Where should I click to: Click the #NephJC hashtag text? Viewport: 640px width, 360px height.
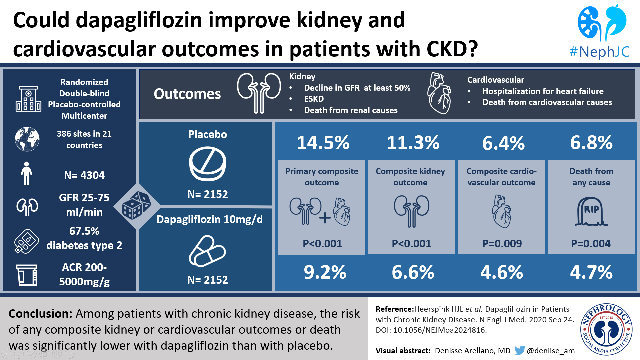(x=599, y=52)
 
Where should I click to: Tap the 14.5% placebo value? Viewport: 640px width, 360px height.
(x=323, y=143)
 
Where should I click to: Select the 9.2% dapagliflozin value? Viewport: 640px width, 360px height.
(x=325, y=272)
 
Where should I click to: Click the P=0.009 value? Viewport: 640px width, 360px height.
(x=502, y=244)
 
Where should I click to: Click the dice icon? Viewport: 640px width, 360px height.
(x=136, y=206)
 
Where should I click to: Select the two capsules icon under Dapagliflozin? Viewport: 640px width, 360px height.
(x=207, y=251)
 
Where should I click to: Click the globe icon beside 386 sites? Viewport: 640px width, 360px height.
(x=27, y=139)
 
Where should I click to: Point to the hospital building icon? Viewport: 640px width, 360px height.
(x=28, y=99)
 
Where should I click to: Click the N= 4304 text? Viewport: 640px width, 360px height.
(x=84, y=175)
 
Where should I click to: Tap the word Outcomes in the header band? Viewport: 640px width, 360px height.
(x=187, y=94)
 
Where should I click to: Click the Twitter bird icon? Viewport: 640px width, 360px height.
(x=519, y=350)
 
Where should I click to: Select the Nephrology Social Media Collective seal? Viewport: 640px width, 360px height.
(x=606, y=329)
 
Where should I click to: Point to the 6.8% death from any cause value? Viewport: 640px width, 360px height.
(x=591, y=143)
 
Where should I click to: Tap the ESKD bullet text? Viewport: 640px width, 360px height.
(x=314, y=99)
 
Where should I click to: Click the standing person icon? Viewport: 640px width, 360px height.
(x=26, y=173)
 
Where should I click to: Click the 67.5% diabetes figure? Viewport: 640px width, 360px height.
(x=84, y=231)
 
